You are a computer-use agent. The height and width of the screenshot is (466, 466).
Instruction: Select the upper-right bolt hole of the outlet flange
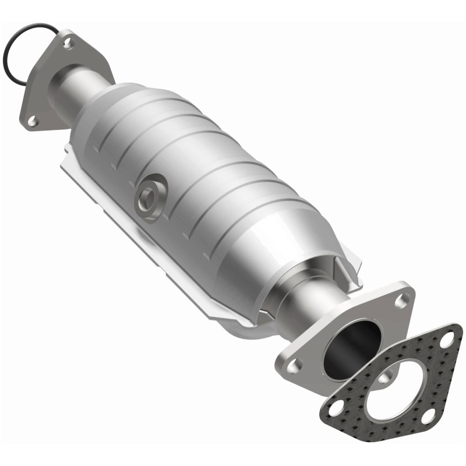pyautogui.click(x=400, y=301)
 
